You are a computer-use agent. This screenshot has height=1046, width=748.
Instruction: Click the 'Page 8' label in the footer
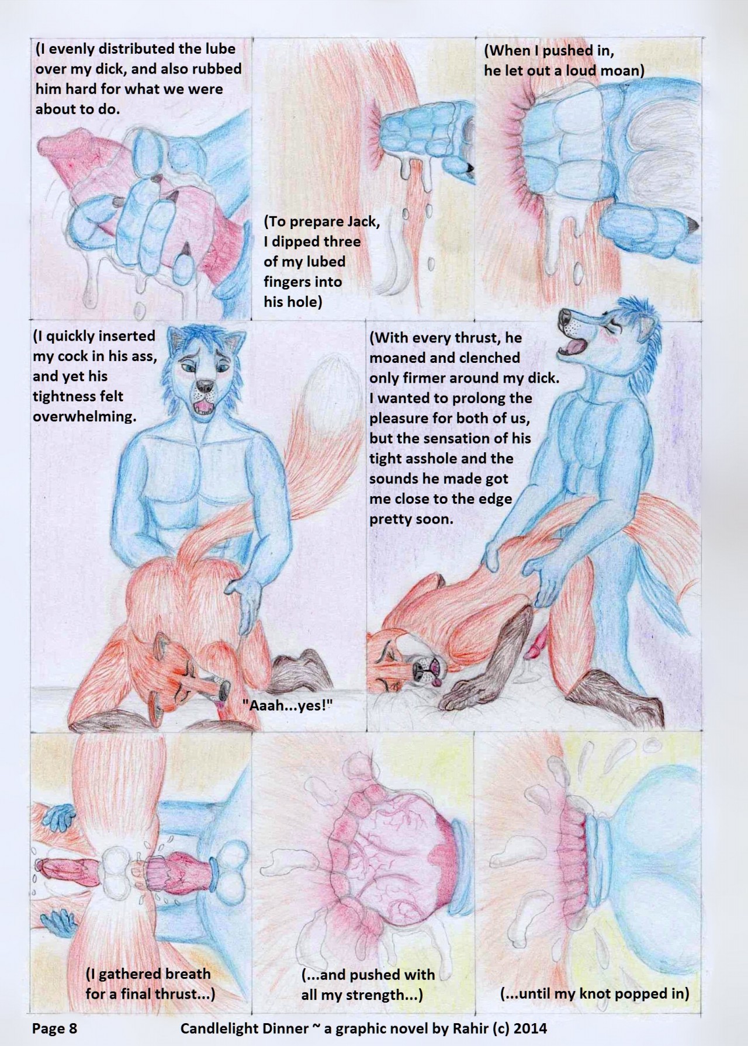(x=54, y=1027)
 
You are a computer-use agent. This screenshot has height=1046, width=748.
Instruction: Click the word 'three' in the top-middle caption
(x=341, y=241)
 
